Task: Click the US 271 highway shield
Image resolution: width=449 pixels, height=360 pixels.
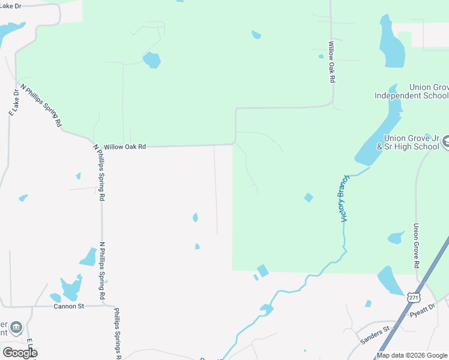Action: [x=413, y=298]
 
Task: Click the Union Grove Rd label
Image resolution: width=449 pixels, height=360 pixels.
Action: [x=415, y=245]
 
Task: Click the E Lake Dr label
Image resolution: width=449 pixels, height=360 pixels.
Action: [x=14, y=102]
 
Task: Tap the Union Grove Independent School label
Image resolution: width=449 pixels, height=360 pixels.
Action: [x=411, y=91]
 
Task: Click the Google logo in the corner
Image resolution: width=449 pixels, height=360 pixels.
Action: [x=20, y=353]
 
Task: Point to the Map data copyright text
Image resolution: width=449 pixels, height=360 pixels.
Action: [x=412, y=355]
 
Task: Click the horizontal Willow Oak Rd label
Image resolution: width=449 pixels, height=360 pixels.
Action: [x=125, y=146]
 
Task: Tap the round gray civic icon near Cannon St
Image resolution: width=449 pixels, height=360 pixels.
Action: [x=16, y=328]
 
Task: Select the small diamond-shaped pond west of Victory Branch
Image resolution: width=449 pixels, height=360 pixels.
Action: [x=308, y=197]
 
